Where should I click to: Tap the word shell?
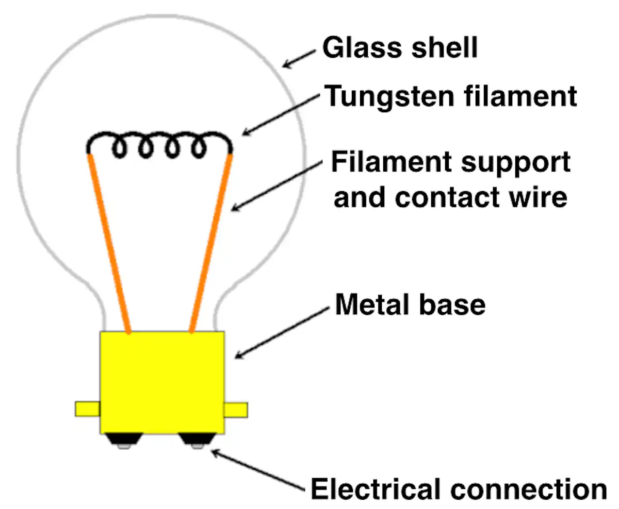coord(445,47)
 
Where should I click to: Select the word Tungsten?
coord(389,97)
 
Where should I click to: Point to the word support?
coord(516,163)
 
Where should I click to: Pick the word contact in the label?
coord(447,197)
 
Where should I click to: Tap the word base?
coord(452,305)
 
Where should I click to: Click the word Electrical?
coord(376,489)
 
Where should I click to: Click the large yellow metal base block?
coord(162,383)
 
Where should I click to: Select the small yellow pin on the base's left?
coord(88,409)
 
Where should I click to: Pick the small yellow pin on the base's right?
coord(236,410)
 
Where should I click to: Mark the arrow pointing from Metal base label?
coord(282,333)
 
